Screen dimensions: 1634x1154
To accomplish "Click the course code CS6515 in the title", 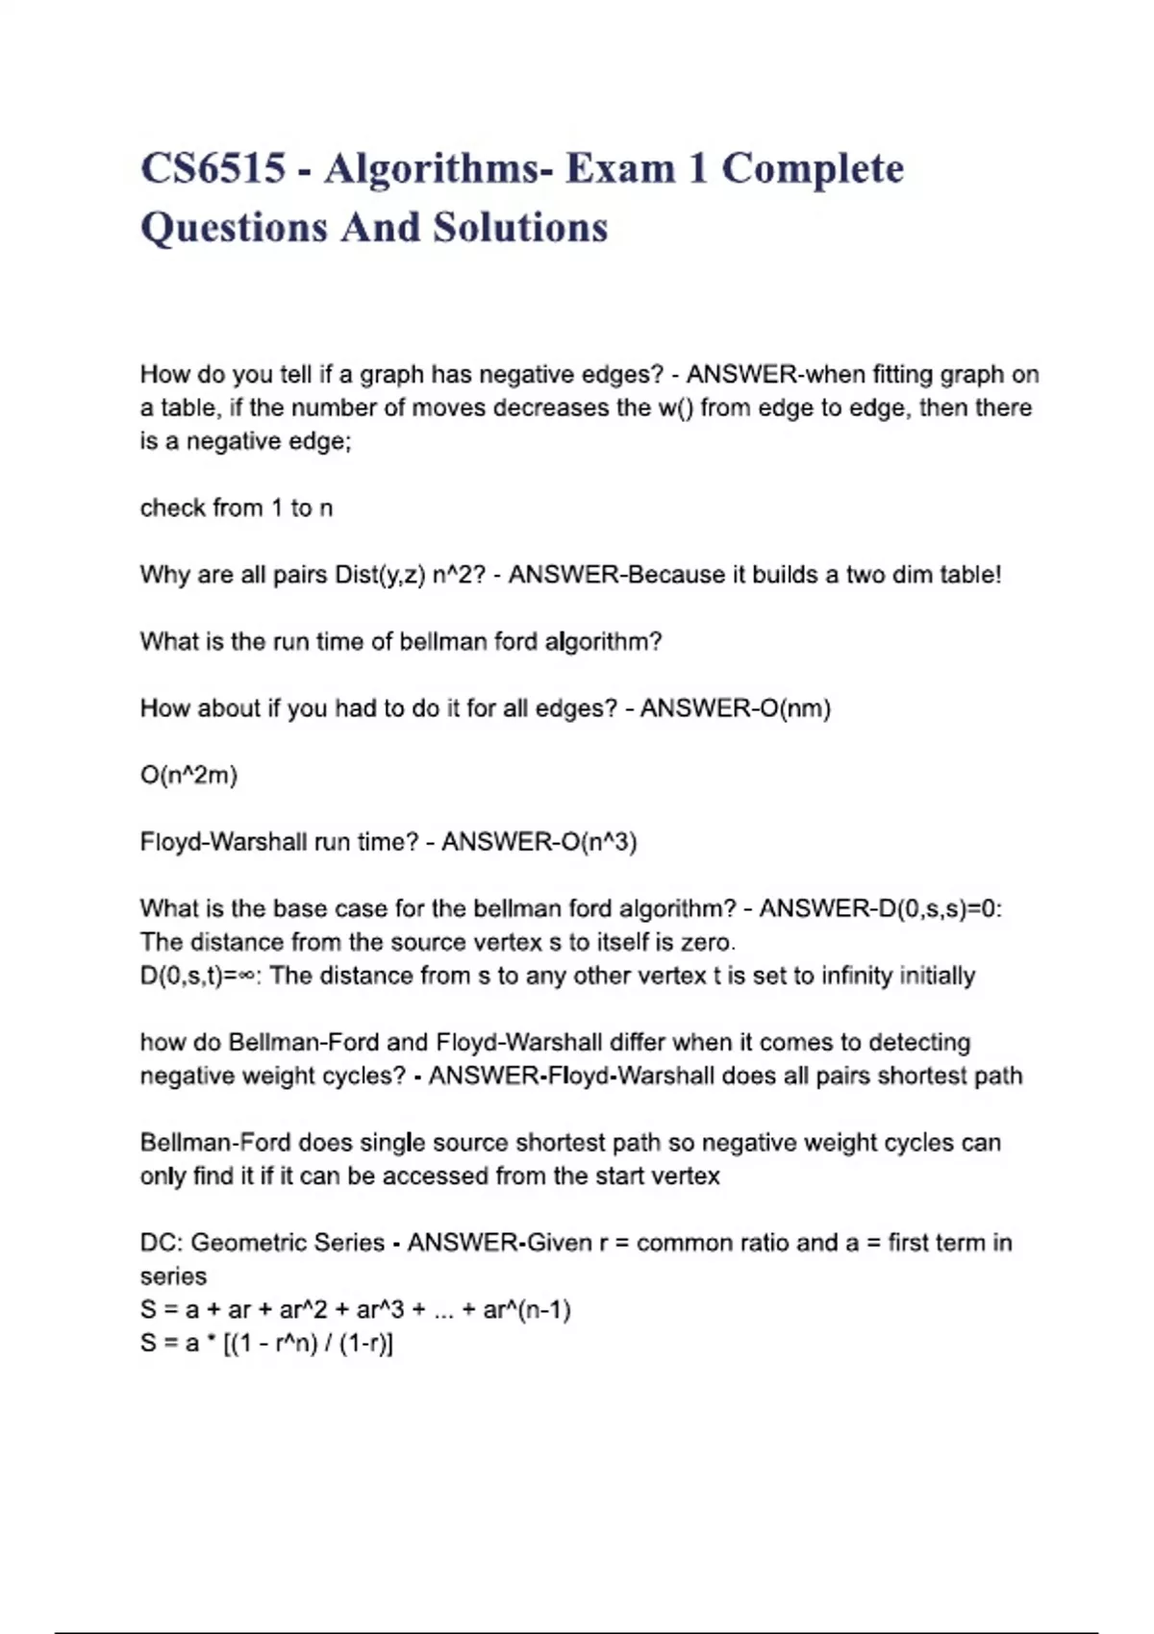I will [x=213, y=169].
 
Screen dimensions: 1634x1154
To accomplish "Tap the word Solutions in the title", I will [x=520, y=228].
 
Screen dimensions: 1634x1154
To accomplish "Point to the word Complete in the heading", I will [x=813, y=169].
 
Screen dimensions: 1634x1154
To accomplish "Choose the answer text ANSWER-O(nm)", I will [x=736, y=708].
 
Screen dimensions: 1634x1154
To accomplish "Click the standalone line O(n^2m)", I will [x=188, y=775].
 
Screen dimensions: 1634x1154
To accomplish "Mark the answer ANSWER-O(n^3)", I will [x=539, y=842].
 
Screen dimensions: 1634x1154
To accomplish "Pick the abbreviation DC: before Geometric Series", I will [x=161, y=1243].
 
